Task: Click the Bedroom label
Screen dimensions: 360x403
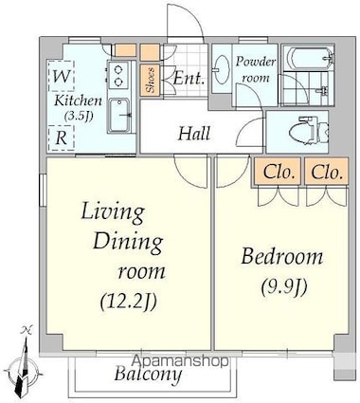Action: [x=282, y=257]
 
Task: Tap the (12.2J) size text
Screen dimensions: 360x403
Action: [x=129, y=302]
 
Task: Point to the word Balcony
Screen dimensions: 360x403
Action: [x=148, y=375]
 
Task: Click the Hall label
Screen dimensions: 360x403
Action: [x=194, y=134]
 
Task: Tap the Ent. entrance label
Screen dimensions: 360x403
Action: [x=189, y=78]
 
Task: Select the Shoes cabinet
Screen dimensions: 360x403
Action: [x=150, y=80]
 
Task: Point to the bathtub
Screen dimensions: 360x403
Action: [x=308, y=58]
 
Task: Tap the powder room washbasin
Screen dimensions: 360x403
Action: [x=222, y=69]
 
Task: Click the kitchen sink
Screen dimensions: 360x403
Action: [x=118, y=116]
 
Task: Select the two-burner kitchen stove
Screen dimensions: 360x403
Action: [x=118, y=75]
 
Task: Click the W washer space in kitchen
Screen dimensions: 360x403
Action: [x=61, y=75]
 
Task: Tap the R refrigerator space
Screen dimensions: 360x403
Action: [x=61, y=137]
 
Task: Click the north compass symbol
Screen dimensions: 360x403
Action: [x=24, y=363]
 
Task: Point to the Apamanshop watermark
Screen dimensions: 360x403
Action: [x=180, y=360]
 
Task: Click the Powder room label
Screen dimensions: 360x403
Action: [x=255, y=69]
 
